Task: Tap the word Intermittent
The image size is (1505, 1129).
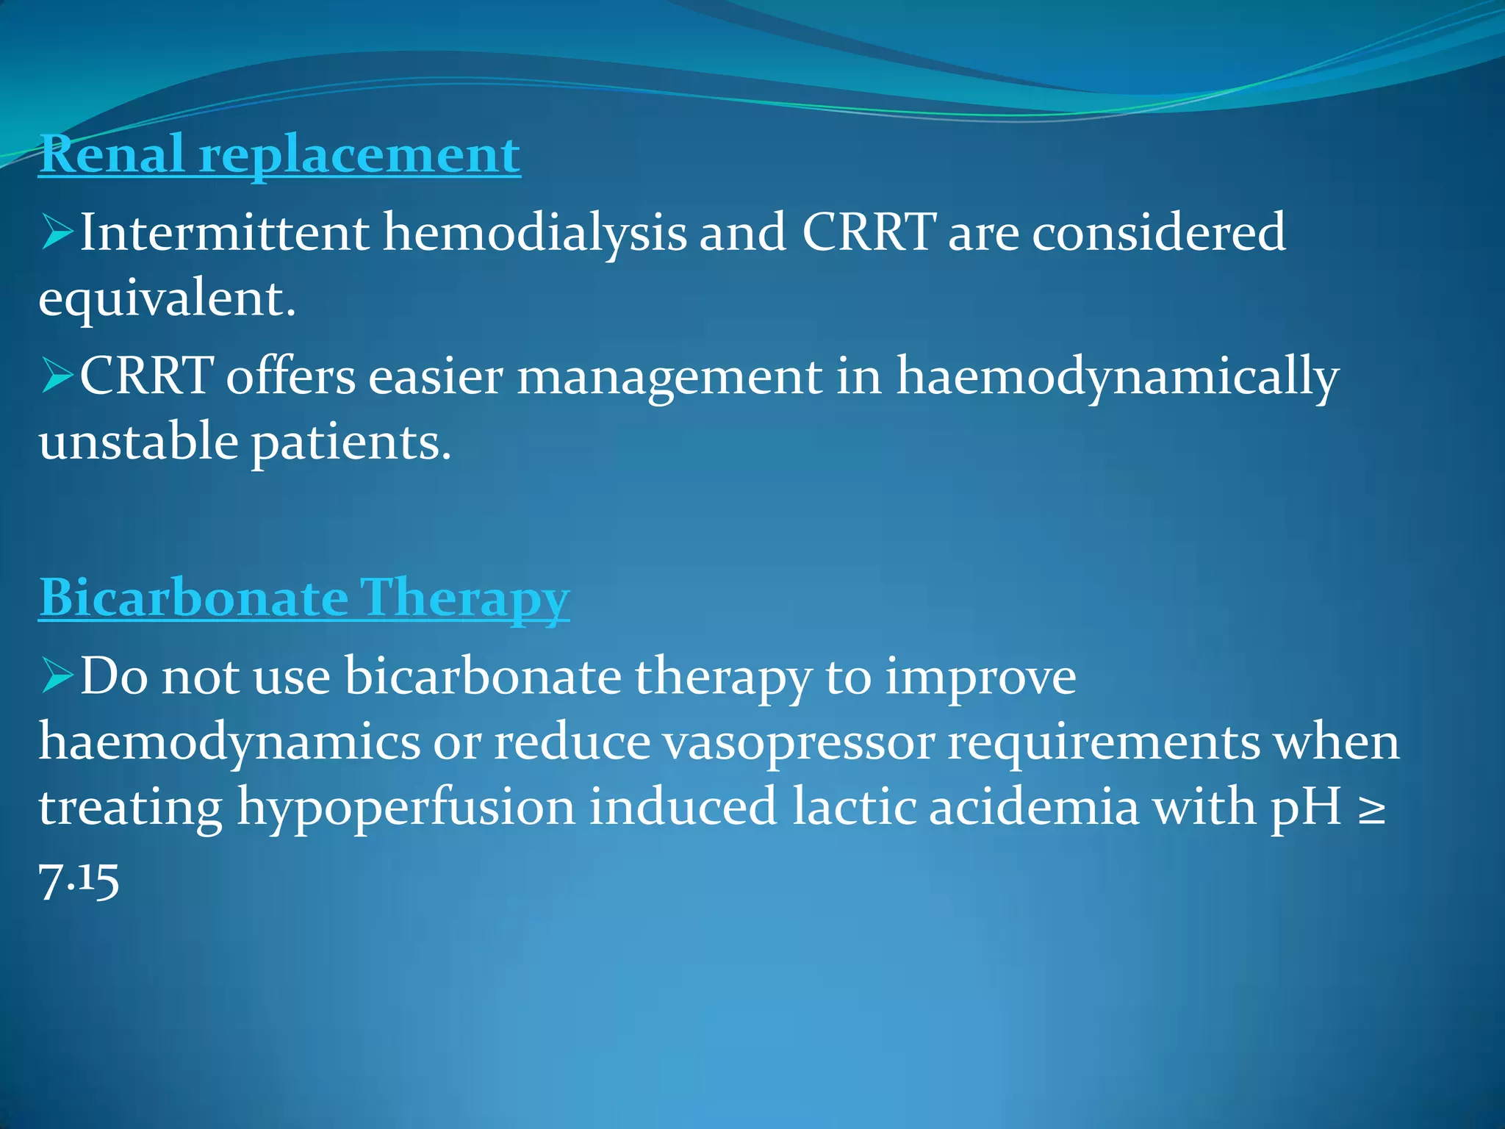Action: [x=224, y=232]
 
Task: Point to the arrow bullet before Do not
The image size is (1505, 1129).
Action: [x=57, y=675]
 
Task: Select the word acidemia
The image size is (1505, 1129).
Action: [x=1033, y=807]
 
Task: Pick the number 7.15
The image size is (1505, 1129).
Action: [x=79, y=879]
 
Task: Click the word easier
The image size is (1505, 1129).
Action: [x=435, y=376]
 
